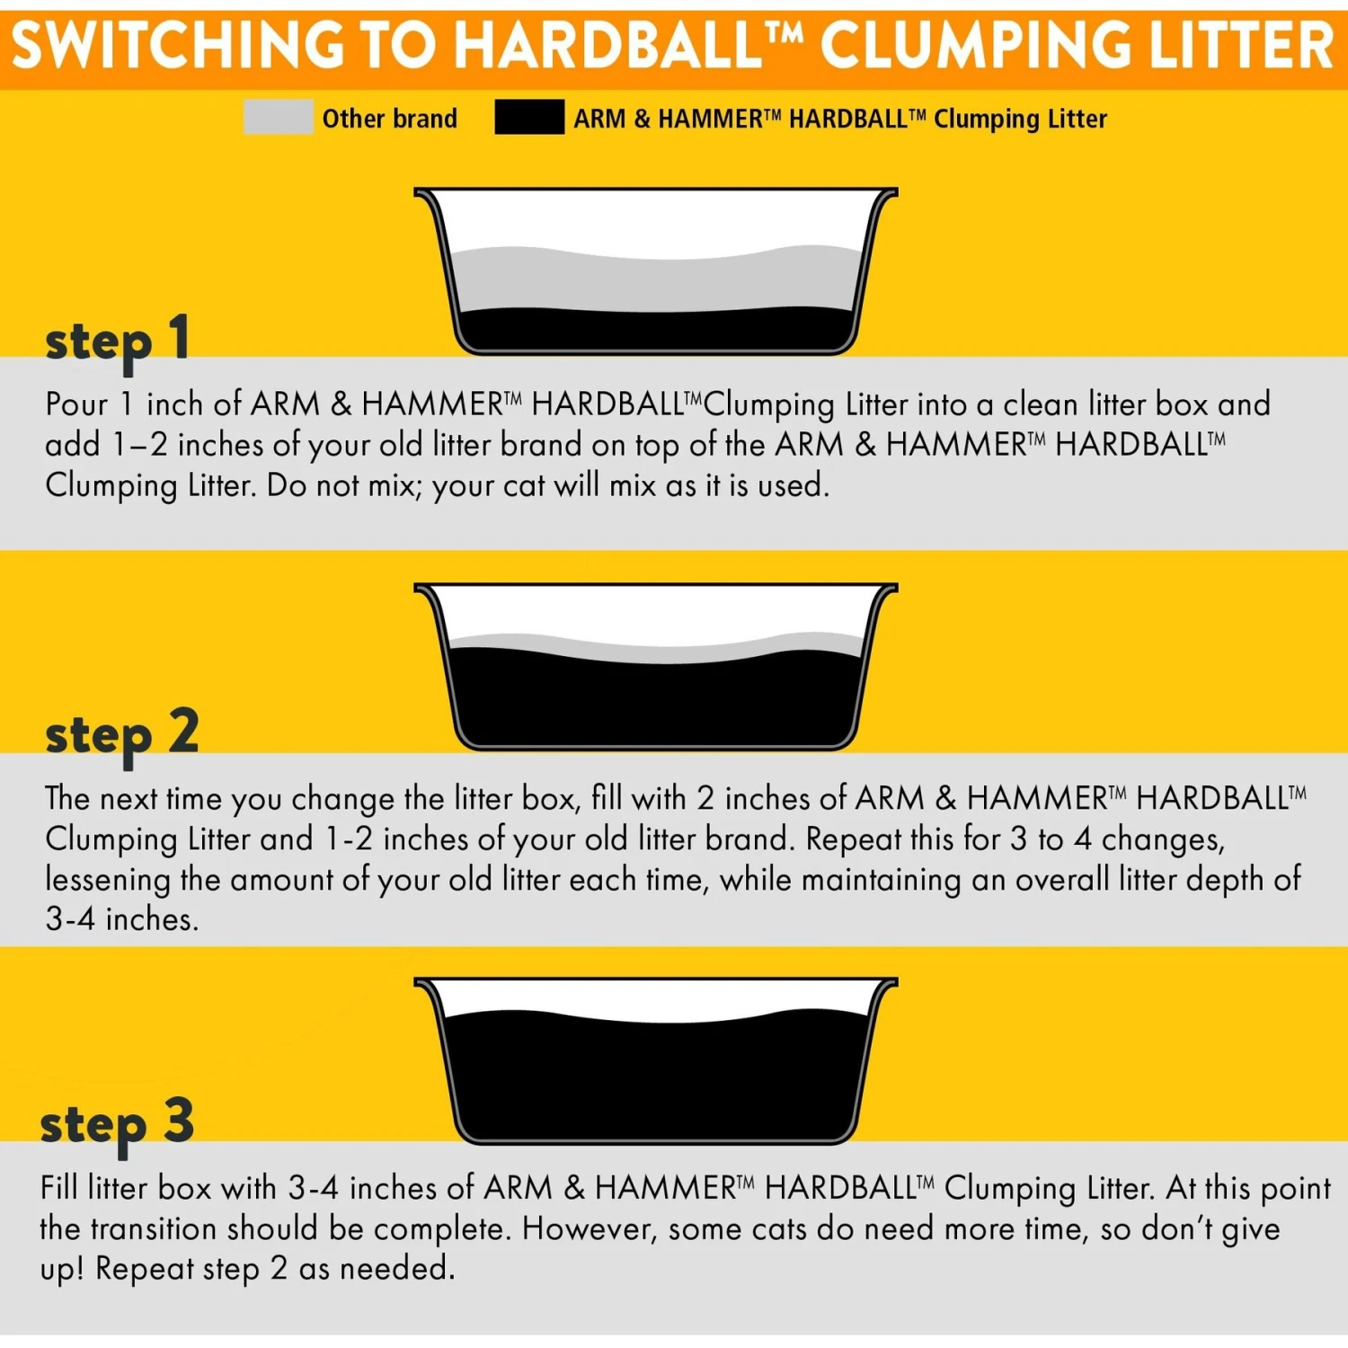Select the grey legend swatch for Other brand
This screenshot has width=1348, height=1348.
pos(278,118)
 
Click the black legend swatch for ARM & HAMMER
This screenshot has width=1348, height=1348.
pos(529,118)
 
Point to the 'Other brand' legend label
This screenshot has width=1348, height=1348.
pos(389,119)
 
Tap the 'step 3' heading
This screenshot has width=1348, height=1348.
pos(117,1123)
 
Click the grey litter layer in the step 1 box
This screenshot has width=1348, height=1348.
pos(656,283)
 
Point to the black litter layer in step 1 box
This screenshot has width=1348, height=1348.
pos(656,331)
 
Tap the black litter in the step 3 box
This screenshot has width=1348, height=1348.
pos(656,1078)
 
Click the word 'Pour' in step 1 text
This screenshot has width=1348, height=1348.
pos(76,404)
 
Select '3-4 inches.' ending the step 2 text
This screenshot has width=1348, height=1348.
pos(121,918)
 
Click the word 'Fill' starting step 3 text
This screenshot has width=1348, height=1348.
pos(59,1188)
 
